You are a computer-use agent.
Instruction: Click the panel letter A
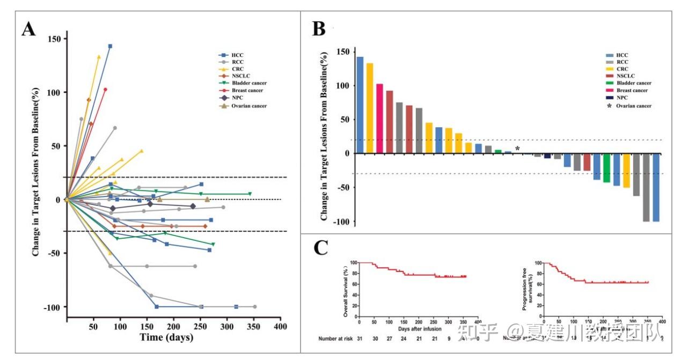click(28, 28)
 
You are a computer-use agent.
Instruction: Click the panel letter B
click(319, 28)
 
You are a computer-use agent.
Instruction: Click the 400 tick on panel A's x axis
click(280, 327)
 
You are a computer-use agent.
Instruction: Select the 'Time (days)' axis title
click(166, 337)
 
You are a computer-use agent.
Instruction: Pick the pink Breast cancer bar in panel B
click(379, 119)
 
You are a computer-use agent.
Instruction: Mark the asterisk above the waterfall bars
click(517, 149)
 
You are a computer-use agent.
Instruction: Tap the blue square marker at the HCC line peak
click(110, 46)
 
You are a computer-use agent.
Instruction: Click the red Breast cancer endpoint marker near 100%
click(105, 90)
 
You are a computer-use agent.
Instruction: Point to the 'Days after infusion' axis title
click(420, 328)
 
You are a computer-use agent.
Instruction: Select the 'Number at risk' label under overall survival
click(335, 339)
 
